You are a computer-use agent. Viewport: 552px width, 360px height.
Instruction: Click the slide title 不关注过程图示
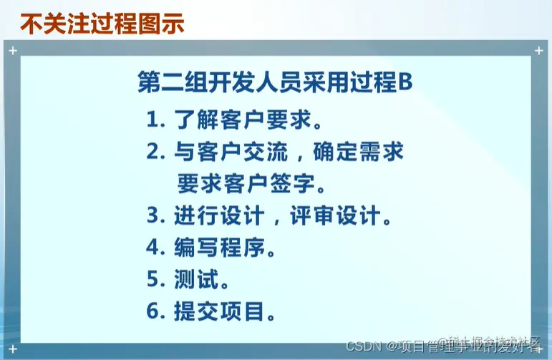[x=102, y=24]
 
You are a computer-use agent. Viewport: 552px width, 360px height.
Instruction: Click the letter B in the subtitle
[x=405, y=83]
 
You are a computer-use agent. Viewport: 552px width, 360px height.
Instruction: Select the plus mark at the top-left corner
[x=13, y=51]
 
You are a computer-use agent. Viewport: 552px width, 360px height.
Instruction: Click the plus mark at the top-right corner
[x=538, y=51]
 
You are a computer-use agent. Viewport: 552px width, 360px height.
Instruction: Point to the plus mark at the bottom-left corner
[x=13, y=348]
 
